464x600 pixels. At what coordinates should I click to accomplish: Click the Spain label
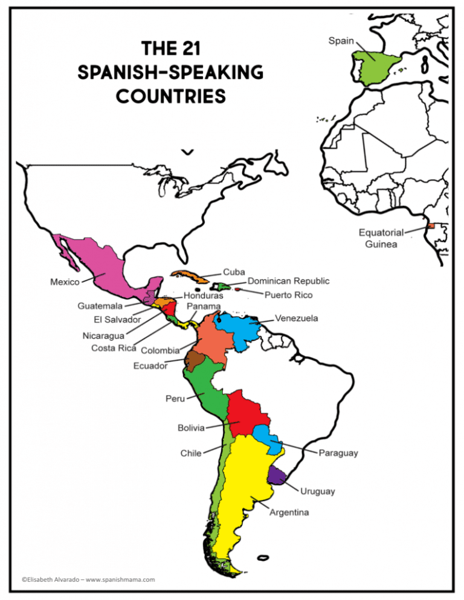coord(341,41)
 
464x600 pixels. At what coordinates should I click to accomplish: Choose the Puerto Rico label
coord(288,295)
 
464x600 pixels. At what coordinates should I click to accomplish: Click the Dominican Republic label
coord(289,281)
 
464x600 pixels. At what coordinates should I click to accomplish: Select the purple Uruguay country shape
coord(277,474)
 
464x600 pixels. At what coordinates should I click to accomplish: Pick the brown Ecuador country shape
coord(195,361)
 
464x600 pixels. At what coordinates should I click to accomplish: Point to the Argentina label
coord(289,512)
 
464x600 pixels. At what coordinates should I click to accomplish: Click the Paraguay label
coord(338,453)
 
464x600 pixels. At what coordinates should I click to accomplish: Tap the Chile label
coord(191,453)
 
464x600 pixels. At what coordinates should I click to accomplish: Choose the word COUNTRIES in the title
coord(171,95)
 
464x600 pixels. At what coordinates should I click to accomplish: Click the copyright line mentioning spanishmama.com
coord(88,579)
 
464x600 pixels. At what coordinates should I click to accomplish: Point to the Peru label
coord(175,398)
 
